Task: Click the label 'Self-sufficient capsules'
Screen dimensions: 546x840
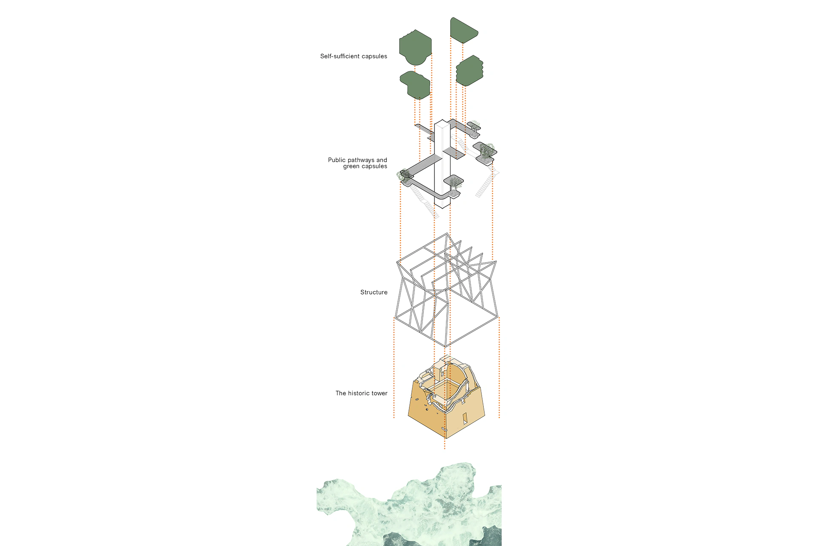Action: (353, 56)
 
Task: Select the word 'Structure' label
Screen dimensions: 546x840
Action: (374, 292)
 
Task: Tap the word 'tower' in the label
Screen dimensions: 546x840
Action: (379, 393)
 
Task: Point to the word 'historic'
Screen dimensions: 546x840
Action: (359, 393)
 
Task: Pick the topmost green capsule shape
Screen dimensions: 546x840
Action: (463, 30)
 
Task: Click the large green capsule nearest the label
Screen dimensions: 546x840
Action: (415, 47)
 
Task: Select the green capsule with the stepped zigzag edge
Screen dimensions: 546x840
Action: (470, 71)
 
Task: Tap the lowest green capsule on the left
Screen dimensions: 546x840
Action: (415, 85)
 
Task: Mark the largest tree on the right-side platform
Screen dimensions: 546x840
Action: (488, 149)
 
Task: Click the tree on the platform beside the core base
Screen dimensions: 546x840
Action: (455, 183)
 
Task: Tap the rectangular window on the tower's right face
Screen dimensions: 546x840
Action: (465, 418)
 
